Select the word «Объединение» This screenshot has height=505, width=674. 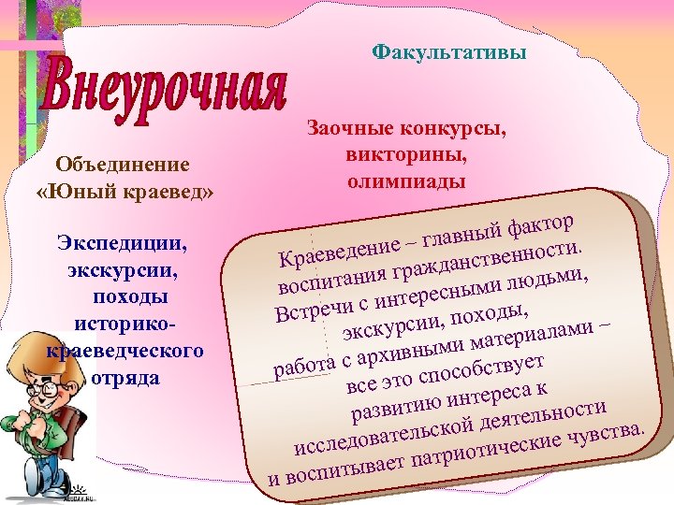pyautogui.click(x=123, y=165)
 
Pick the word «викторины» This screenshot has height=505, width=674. pyautogui.click(x=406, y=153)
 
